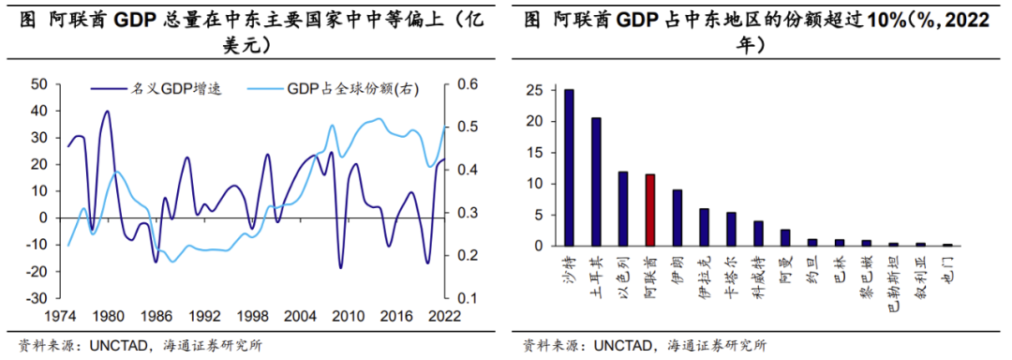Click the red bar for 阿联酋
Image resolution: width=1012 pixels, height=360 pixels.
pos(650,210)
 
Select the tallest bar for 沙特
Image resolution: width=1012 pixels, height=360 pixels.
pos(569,168)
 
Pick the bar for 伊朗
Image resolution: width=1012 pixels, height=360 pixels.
pos(677,217)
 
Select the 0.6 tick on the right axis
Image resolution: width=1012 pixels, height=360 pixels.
pos(468,84)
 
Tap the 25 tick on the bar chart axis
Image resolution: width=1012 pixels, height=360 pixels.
pos(533,90)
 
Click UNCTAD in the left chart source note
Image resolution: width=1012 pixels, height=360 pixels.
pos(118,344)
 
